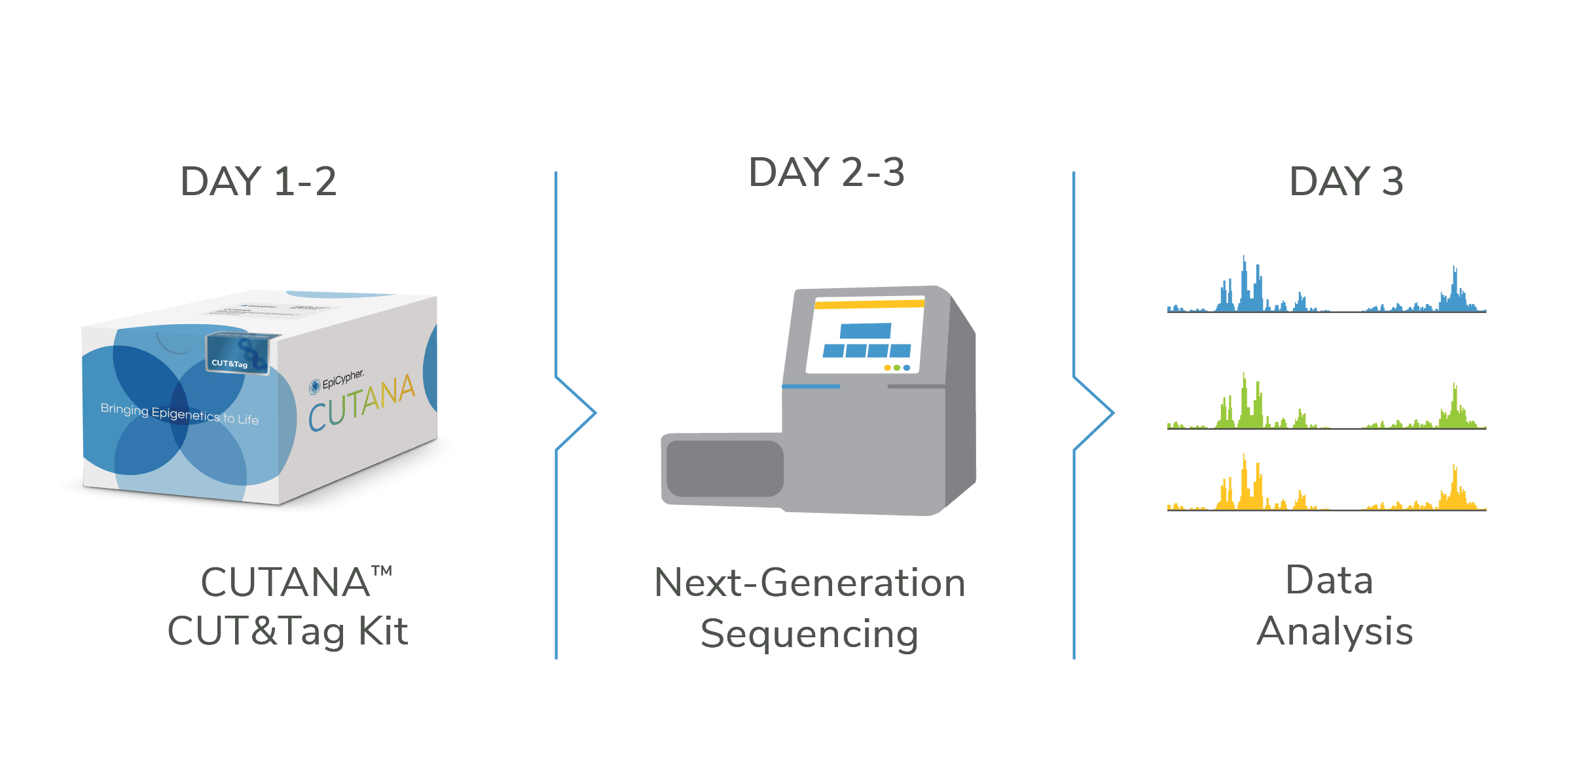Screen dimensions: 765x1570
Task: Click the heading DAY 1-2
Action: (259, 181)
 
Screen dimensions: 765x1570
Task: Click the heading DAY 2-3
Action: (826, 172)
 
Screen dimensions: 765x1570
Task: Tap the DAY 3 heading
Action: (1346, 181)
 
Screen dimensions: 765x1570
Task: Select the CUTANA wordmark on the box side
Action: (362, 403)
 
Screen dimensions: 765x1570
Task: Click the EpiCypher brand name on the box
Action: (342, 379)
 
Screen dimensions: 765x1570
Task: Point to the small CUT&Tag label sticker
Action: (230, 362)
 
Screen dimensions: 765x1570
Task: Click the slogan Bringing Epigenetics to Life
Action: (179, 413)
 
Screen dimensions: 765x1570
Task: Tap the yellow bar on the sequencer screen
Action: (869, 304)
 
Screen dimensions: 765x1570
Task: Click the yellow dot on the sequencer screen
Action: (887, 368)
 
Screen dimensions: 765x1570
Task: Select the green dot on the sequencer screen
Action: (897, 368)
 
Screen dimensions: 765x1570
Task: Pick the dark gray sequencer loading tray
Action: (725, 468)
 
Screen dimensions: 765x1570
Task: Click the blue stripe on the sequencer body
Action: (811, 386)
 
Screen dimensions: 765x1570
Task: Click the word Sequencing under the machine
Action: (809, 634)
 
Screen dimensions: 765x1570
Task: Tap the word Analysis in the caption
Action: (1335, 631)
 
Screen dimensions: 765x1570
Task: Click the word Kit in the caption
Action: (383, 631)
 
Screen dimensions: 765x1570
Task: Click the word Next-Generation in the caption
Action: (810, 583)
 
